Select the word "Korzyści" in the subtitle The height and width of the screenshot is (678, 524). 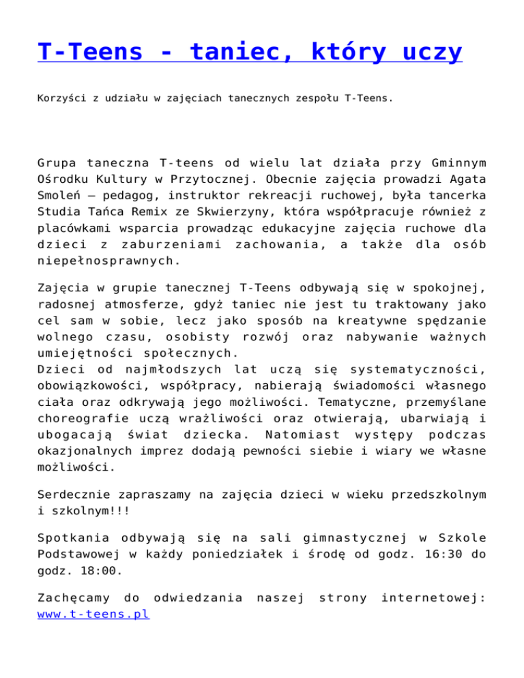(61, 98)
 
